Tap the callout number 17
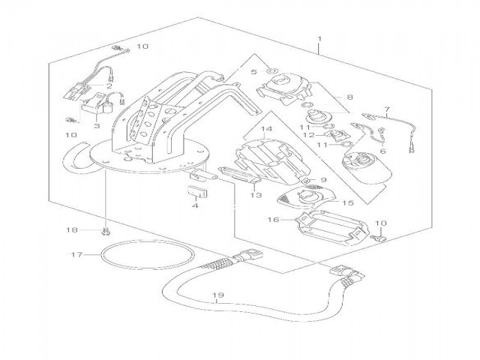76,255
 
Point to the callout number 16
273,220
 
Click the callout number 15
346,202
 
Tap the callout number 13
255,195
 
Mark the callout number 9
324,180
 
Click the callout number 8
349,97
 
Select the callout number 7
387,110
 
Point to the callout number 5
253,73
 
